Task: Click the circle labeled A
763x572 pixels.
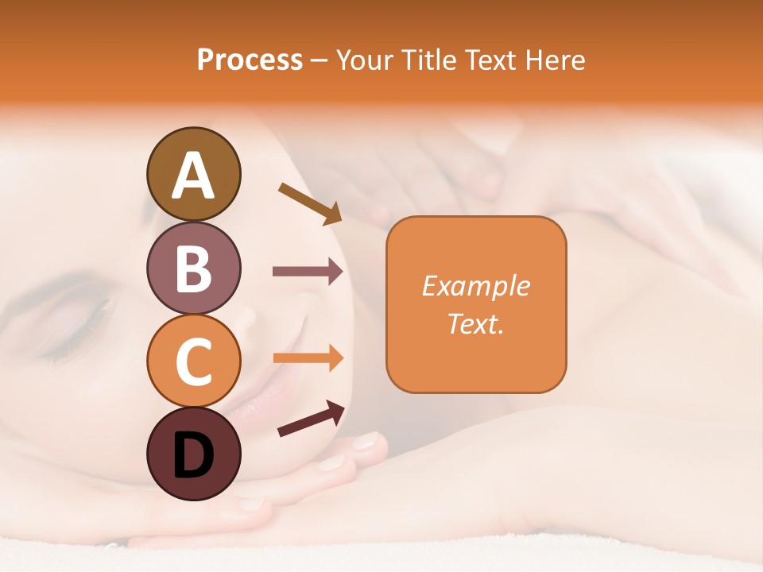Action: [193, 174]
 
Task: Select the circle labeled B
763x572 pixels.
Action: [193, 268]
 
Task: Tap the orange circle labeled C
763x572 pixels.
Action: [193, 361]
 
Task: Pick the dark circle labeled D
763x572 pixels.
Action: [193, 454]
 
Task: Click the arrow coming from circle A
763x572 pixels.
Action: [309, 203]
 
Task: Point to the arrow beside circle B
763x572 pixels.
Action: [308, 272]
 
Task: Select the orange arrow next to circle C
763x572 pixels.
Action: [308, 357]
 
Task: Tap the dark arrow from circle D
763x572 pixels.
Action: [311, 419]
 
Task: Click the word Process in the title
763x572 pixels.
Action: [250, 60]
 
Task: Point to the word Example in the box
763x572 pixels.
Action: [475, 286]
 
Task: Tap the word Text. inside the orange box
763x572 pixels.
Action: [475, 323]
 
